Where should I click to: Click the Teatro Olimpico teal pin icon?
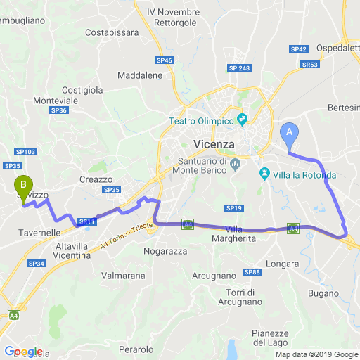point(243,120)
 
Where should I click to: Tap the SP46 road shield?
point(165,61)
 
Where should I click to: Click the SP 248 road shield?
point(239,67)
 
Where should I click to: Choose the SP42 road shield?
point(299,49)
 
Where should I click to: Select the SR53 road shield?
point(309,64)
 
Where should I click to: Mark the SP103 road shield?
point(25,152)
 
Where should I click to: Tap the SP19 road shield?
point(234,208)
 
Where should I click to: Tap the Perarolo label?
point(136,349)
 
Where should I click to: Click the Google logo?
point(23,352)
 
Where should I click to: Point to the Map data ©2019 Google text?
point(316,354)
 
